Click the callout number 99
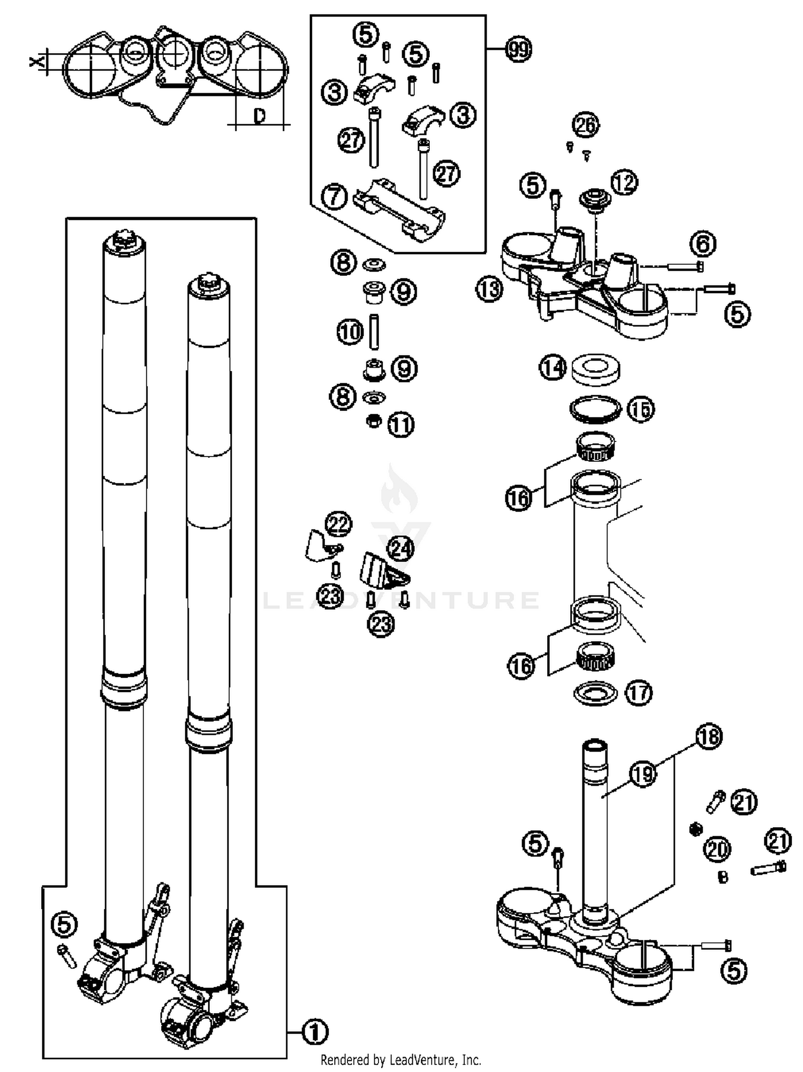pyautogui.click(x=518, y=50)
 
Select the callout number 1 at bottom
pyautogui.click(x=315, y=1031)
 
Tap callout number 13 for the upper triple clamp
pyautogui.click(x=489, y=290)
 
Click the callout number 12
pyautogui.click(x=624, y=182)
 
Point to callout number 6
pyautogui.click(x=703, y=244)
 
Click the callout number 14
pyautogui.click(x=552, y=368)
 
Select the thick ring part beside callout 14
pyautogui.click(x=596, y=369)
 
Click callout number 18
pyautogui.click(x=709, y=737)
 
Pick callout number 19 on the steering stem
pyautogui.click(x=643, y=774)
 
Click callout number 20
pyautogui.click(x=717, y=849)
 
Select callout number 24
pyautogui.click(x=400, y=548)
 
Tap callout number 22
pyautogui.click(x=338, y=524)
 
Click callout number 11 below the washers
pyautogui.click(x=401, y=425)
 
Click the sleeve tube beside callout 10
pyautogui.click(x=374, y=332)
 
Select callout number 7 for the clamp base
pyautogui.click(x=334, y=197)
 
